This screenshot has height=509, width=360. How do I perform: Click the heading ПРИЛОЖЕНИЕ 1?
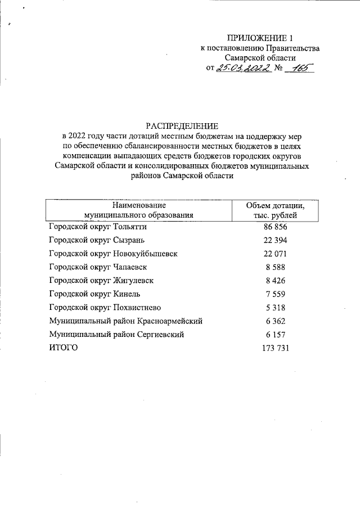coord(260,38)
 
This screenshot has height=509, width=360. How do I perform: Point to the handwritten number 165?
coord(298,68)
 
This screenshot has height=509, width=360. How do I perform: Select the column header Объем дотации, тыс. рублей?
coord(276,210)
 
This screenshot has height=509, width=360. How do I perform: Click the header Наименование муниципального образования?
coord(138,210)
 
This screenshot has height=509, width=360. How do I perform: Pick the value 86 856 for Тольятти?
coord(276,227)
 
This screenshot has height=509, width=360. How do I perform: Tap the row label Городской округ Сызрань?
coord(90,241)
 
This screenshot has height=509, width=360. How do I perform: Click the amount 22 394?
coord(276,241)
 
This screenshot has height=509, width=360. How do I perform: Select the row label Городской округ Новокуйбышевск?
coord(113,254)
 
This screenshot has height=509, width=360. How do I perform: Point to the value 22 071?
coord(276,254)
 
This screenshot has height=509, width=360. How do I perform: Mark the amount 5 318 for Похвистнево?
coord(276,308)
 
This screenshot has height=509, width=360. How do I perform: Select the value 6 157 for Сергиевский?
coord(276,335)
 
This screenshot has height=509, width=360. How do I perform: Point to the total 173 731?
coord(276,349)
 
